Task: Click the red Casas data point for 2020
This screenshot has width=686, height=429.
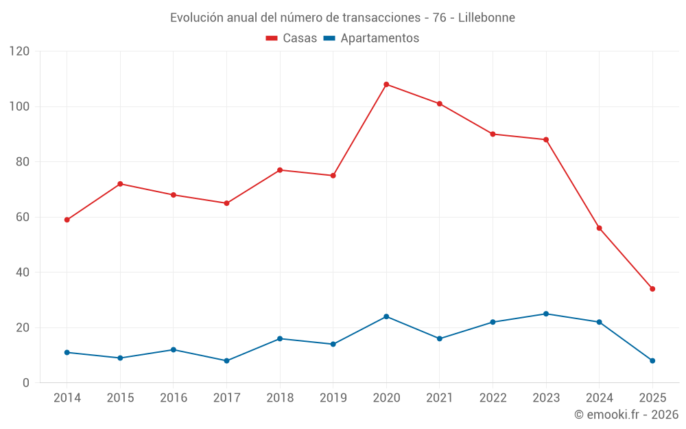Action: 386,84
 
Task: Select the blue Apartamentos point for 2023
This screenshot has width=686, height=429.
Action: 546,314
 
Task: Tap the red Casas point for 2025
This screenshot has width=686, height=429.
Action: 652,289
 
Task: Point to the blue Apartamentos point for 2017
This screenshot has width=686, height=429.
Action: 226,360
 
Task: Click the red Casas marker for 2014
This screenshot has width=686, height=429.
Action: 67,220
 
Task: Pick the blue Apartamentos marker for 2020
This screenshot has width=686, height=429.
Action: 386,316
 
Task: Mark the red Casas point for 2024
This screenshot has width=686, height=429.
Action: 599,228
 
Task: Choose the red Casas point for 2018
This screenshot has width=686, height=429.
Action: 280,170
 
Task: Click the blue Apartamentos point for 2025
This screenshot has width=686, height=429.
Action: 652,360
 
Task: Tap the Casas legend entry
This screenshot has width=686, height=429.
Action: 292,38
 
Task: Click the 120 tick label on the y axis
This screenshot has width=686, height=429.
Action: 20,51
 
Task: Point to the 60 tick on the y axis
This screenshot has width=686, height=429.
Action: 23,217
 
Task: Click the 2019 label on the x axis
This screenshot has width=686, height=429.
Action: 333,398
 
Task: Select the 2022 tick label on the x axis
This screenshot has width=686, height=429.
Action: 493,398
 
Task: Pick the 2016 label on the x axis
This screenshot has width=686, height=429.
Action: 173,398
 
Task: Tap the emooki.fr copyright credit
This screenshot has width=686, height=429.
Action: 626,415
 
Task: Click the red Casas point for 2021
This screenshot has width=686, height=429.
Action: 440,104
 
